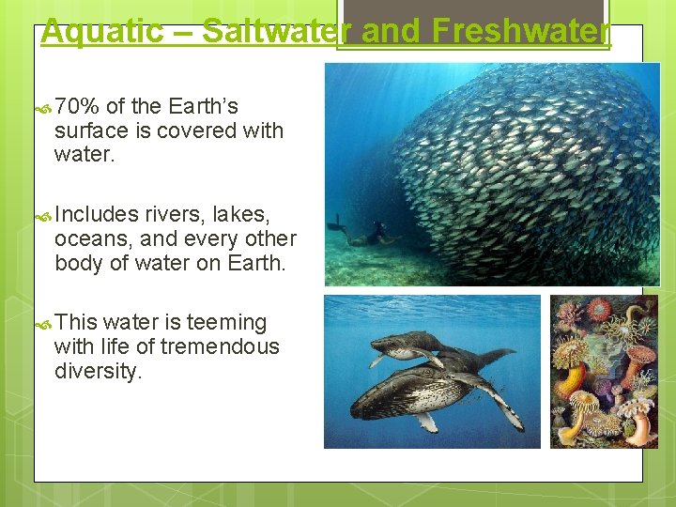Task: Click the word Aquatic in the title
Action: coord(101,31)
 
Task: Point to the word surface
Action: coord(92,131)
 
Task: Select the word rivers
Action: coord(175,215)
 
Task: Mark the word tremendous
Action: coord(220,346)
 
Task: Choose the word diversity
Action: coord(99,371)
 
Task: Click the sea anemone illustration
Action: coord(604,371)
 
